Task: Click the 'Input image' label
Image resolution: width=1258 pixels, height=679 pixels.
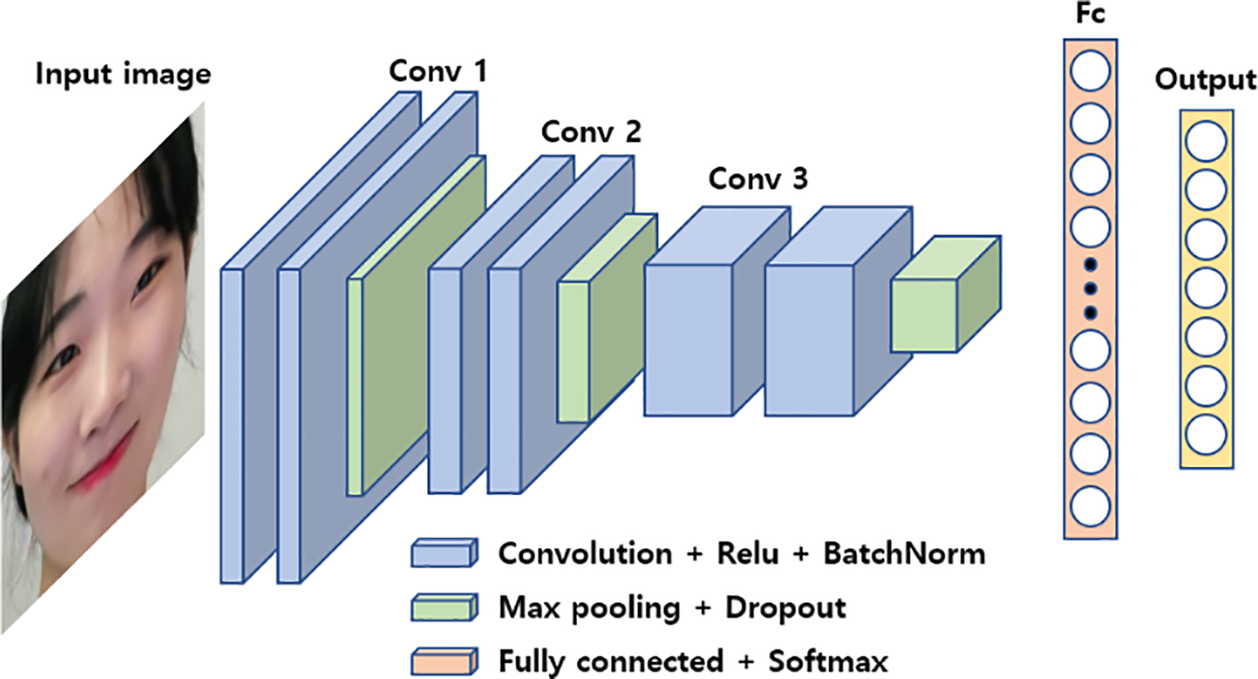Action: (123, 74)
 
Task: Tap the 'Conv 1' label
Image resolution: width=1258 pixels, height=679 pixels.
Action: (438, 72)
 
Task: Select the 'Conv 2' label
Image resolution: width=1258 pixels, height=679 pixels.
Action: (590, 133)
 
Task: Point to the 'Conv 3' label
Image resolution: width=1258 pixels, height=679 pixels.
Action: (757, 179)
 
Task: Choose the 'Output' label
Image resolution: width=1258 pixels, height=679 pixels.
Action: (1204, 81)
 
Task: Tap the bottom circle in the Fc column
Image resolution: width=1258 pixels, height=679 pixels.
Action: (1091, 506)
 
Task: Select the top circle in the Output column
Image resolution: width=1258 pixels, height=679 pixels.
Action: (1204, 142)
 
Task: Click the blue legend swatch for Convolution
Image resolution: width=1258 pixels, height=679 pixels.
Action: (440, 552)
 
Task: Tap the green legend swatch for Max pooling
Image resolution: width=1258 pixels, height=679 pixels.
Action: (440, 608)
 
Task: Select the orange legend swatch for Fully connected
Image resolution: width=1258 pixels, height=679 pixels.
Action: (440, 663)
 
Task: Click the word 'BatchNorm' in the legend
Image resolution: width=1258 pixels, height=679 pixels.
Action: (904, 553)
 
